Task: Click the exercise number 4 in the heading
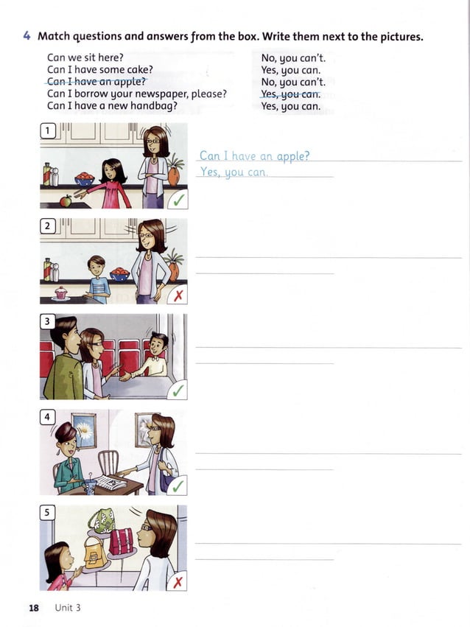(x=27, y=36)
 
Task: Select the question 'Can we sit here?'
(x=85, y=57)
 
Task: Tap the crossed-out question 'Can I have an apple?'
(x=97, y=82)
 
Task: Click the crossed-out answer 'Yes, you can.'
(x=291, y=94)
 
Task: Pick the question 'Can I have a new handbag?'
(x=112, y=105)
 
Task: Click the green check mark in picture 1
(x=178, y=200)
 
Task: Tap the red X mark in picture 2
(x=178, y=295)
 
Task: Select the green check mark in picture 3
(x=178, y=390)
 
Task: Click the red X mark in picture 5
(x=178, y=581)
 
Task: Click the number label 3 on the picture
(x=48, y=321)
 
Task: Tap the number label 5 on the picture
(x=48, y=513)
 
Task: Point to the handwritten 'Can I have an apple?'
(x=254, y=155)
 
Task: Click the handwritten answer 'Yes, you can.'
(x=234, y=172)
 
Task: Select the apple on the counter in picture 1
(x=66, y=200)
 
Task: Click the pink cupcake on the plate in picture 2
(x=60, y=293)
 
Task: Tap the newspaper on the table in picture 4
(x=111, y=483)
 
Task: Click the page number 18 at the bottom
(x=33, y=608)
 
